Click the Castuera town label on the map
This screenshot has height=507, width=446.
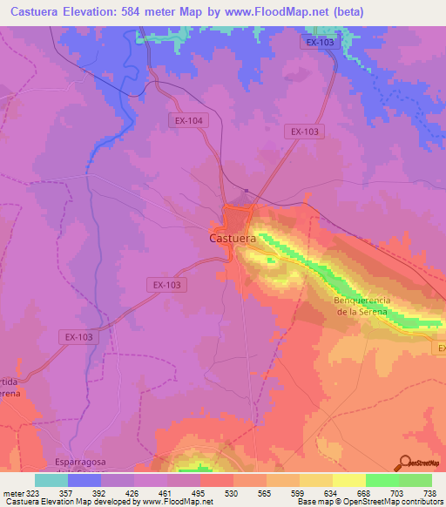pyautogui.click(x=233, y=237)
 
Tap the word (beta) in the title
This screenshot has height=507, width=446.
pyautogui.click(x=345, y=11)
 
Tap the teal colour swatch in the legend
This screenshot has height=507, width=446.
pyautogui.click(x=51, y=480)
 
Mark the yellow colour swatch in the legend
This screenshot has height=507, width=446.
pyautogui.click(x=349, y=480)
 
